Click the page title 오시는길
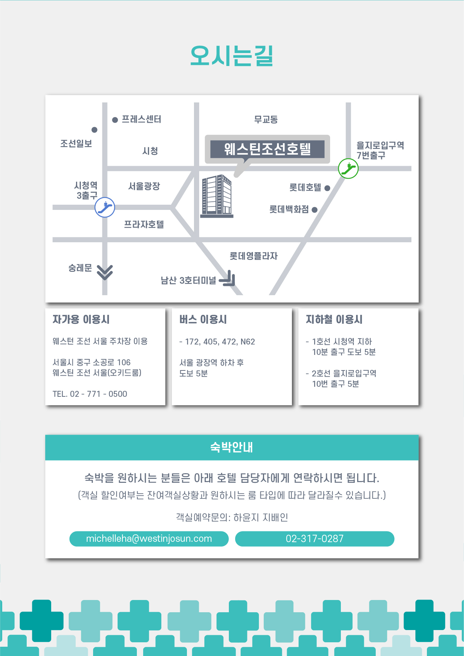232,56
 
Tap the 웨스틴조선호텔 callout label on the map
267,149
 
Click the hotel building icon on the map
217,196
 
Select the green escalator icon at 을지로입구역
348,168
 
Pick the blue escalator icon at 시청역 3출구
105,207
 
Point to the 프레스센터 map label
141,119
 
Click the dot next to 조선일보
95,130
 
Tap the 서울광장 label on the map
144,186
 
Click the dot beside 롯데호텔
327,188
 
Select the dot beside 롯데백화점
315,210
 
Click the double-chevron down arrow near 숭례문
105,273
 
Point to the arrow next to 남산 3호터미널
228,278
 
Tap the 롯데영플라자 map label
254,256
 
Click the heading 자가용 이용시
81,319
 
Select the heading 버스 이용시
203,319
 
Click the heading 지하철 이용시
334,319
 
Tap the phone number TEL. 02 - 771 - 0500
90,394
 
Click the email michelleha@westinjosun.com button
149,538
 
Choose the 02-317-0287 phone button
315,538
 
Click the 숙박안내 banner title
232,447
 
